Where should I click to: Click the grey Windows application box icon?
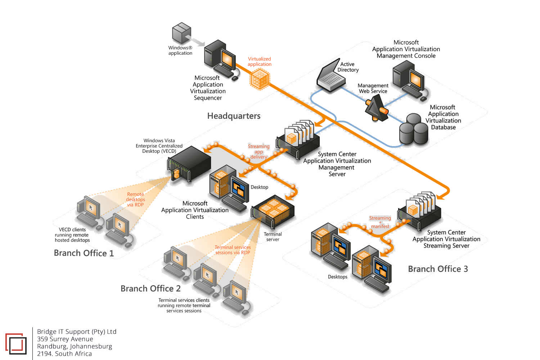point(181,33)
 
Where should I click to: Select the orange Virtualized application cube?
point(259,79)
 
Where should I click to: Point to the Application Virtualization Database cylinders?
point(414,130)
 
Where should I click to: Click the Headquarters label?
point(234,116)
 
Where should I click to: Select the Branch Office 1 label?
point(84,253)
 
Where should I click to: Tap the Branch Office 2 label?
point(150,289)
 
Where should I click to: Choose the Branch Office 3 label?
point(438,269)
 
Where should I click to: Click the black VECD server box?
point(189,164)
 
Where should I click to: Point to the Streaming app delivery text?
point(258,152)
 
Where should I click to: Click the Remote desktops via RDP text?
point(135,199)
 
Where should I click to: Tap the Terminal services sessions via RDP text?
point(233,250)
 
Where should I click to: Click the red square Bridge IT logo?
point(16,344)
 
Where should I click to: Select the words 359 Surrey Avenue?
point(65,339)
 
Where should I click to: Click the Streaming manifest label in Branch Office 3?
point(380,222)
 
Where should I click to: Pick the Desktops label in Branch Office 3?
point(337,277)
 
